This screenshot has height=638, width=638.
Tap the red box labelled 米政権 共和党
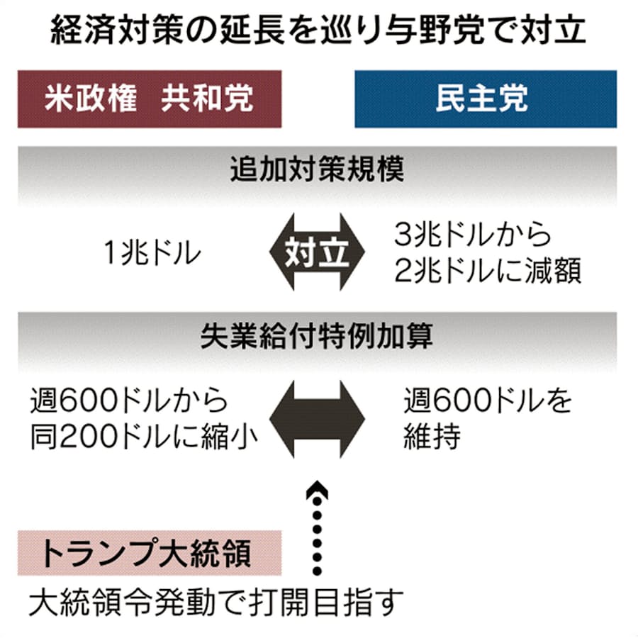pos(150,99)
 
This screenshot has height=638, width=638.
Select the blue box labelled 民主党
pos(486,99)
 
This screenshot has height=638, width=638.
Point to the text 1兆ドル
pos(152,252)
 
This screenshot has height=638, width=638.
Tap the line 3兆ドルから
pos(473,234)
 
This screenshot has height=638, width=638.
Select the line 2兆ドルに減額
pos(488,271)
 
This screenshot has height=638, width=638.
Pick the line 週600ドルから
pos(130,401)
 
